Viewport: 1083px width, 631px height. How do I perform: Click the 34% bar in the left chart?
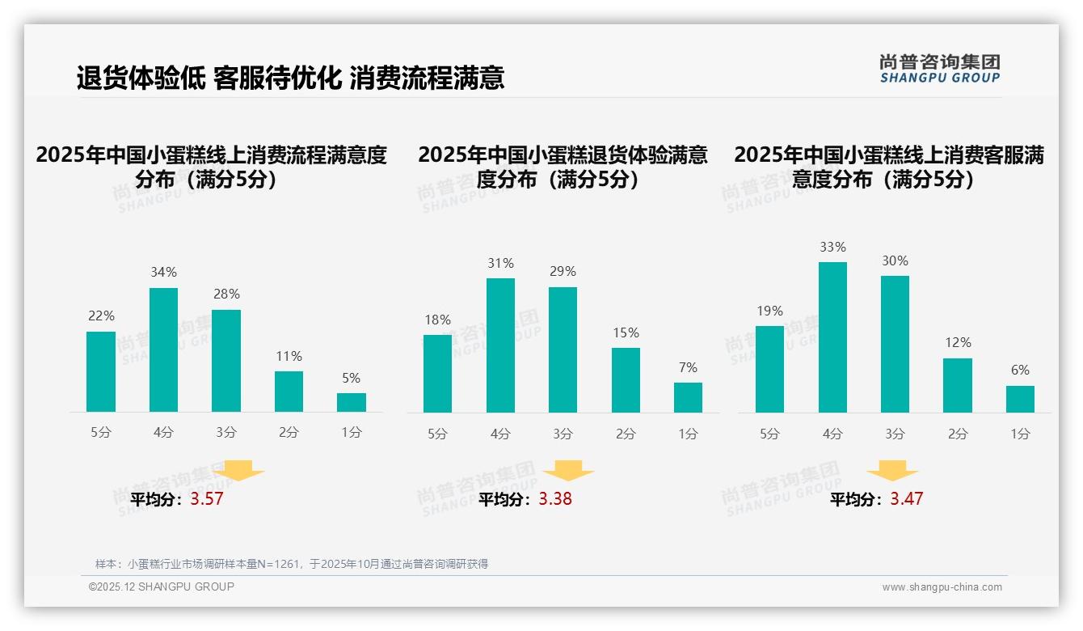[x=163, y=349]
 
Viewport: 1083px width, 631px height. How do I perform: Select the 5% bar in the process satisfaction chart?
[x=352, y=402]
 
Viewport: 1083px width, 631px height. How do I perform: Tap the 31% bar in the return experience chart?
[x=500, y=345]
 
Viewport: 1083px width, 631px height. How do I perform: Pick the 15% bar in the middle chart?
[x=626, y=380]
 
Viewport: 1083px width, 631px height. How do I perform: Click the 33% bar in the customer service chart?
[x=832, y=337]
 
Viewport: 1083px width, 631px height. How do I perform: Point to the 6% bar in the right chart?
[x=1020, y=399]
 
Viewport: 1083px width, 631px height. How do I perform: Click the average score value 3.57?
[x=207, y=499]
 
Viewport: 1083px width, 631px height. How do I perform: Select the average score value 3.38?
[x=555, y=499]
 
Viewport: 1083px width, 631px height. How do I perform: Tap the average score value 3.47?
[x=906, y=499]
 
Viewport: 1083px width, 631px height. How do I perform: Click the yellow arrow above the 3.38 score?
[x=568, y=471]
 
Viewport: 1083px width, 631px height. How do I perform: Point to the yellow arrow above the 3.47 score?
[x=892, y=471]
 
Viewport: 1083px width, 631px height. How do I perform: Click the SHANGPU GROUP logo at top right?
[x=940, y=69]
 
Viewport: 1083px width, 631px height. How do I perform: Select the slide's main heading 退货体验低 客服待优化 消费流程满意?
[x=291, y=78]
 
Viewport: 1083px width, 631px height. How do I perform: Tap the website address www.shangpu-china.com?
[x=942, y=587]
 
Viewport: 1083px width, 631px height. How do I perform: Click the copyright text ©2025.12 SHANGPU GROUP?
[x=162, y=587]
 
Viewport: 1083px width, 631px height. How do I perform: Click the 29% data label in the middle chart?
[x=563, y=272]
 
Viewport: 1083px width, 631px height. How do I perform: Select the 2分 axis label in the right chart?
[x=958, y=434]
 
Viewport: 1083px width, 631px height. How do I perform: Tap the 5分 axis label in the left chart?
[x=101, y=433]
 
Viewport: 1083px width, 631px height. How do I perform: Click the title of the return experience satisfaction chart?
[x=563, y=167]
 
